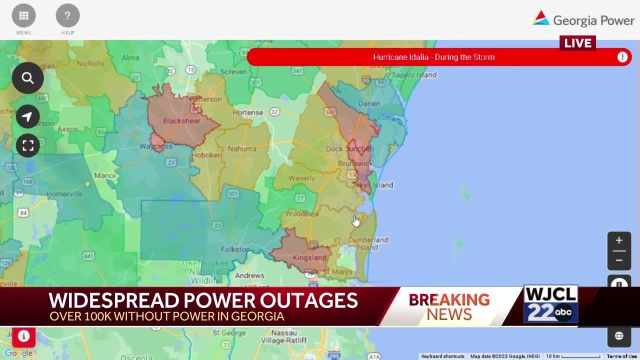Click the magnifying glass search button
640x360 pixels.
point(27,78)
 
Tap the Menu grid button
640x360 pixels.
point(23,15)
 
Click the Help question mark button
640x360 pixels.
point(67,15)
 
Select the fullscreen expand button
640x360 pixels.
point(27,145)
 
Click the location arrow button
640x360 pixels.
point(27,117)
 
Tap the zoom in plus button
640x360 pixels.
point(619,240)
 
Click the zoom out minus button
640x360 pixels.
point(619,260)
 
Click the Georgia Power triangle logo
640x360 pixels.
point(541,18)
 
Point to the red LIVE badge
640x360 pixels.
point(577,43)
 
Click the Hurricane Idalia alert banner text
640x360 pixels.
point(433,57)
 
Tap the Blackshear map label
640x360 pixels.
point(181,121)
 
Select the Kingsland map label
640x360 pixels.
point(309,258)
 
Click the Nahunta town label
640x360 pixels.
point(242,149)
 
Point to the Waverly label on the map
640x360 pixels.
point(301,178)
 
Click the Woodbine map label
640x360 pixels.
point(302,214)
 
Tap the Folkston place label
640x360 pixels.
point(235,249)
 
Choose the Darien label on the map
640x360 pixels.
point(369,104)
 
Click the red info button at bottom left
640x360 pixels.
point(23,336)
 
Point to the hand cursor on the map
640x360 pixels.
point(356,221)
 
